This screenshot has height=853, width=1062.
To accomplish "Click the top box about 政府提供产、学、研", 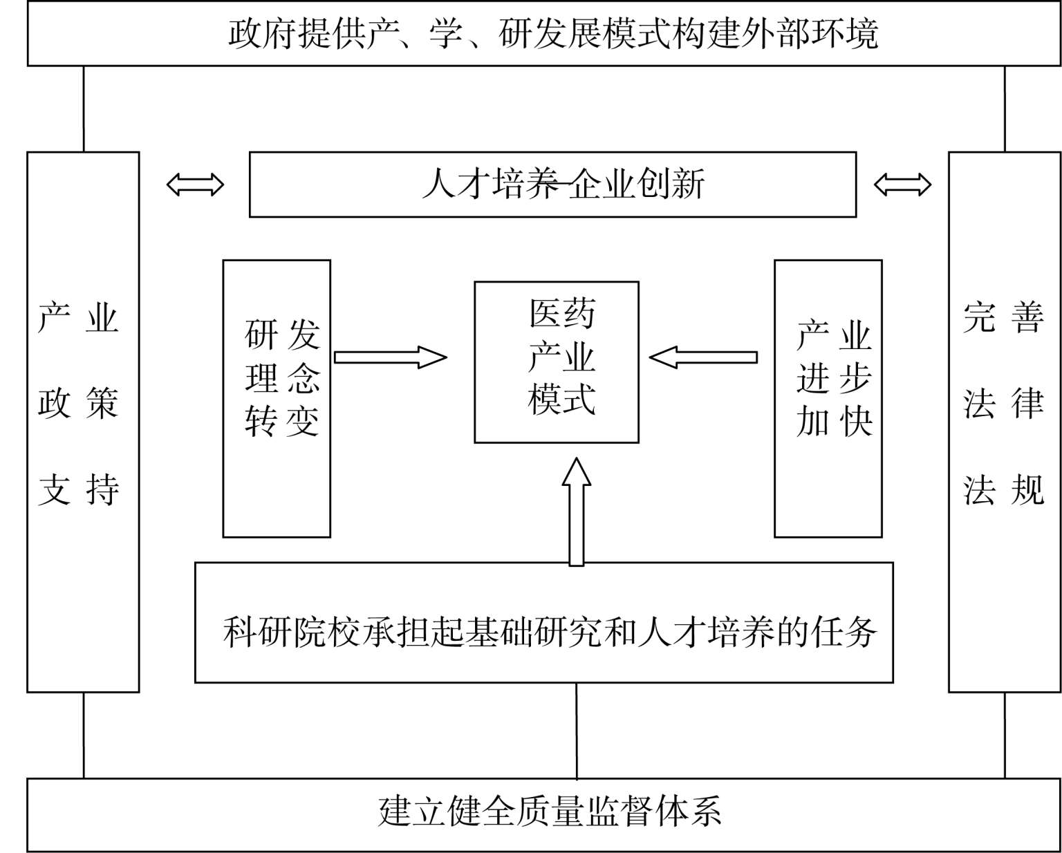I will [544, 33].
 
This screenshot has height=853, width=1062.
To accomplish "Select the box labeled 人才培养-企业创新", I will [552, 185].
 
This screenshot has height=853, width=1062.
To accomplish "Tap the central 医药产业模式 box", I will [556, 362].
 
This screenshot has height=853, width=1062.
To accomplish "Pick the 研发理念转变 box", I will [277, 398].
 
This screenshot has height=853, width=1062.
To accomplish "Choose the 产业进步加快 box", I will [828, 398].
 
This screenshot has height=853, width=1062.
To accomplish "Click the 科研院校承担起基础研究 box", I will [543, 622].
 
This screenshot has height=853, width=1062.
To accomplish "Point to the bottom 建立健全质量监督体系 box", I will [544, 814].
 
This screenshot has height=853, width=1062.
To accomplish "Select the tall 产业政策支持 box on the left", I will [83, 422].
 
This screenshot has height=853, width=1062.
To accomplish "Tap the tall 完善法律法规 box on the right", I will [1004, 422].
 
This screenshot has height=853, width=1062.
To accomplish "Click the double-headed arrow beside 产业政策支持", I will [195, 185].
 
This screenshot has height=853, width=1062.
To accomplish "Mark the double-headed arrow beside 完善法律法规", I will [902, 185].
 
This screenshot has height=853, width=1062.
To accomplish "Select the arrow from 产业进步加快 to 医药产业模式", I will [703, 357].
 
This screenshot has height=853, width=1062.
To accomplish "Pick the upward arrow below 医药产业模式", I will [576, 512].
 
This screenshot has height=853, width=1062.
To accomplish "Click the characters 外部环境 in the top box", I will [809, 33].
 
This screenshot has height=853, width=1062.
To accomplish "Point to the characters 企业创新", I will [636, 185].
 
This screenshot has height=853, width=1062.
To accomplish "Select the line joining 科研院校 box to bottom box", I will [577, 730].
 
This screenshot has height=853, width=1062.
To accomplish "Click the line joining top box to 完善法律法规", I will [1005, 109].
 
